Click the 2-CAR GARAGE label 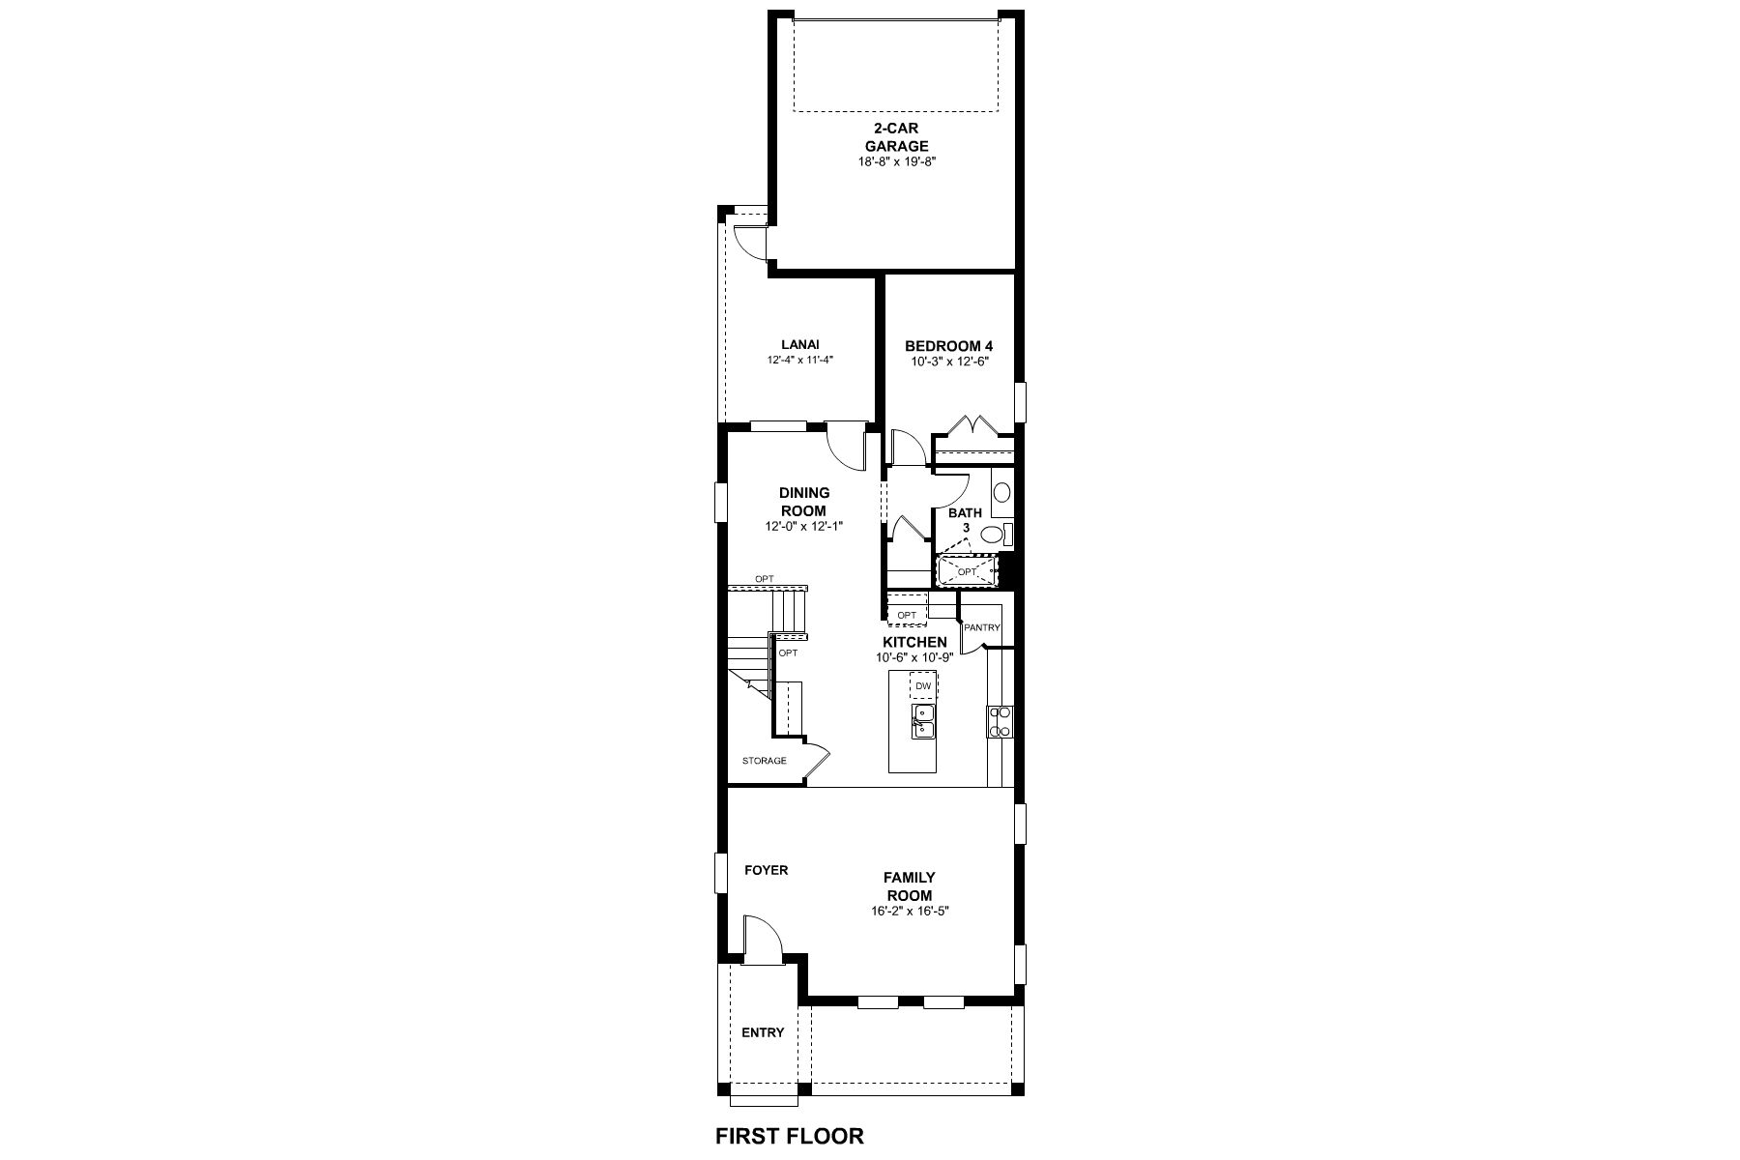[896, 137]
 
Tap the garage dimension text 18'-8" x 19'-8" [897, 162]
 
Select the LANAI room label [800, 344]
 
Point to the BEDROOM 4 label [948, 346]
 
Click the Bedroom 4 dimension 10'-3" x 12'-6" [949, 362]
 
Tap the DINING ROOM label [804, 502]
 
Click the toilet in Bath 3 [997, 534]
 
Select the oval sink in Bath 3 [1001, 492]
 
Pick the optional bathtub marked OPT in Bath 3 [968, 570]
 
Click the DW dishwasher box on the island [923, 685]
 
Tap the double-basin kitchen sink [923, 721]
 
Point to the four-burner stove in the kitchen [1000, 722]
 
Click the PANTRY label [982, 627]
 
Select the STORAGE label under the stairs [765, 761]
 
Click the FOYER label [766, 870]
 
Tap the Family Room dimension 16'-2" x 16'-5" [910, 912]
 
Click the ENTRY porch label [763, 1032]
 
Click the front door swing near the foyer [763, 940]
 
